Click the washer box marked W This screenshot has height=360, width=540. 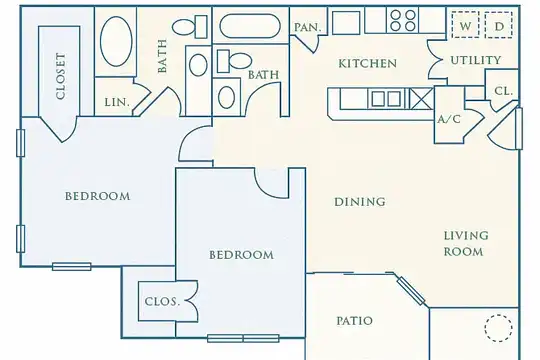465,25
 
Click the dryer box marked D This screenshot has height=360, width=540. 498,25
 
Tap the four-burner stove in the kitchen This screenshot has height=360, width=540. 403,20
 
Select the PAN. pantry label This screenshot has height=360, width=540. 308,27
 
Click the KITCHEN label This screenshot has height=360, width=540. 367,63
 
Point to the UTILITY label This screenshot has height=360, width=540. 476,60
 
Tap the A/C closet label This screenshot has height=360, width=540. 449,119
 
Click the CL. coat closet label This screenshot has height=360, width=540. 503,91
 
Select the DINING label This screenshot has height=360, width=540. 360,202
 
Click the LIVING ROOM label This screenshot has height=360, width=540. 466,244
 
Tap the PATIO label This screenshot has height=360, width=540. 354,321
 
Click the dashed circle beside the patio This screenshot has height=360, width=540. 498,328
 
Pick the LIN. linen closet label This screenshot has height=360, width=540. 117,102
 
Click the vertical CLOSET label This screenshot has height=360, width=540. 61,76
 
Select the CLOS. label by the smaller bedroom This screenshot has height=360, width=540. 162,301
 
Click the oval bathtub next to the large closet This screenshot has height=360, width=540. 116,41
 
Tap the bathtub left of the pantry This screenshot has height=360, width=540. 250,25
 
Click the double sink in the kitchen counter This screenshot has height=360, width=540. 386,99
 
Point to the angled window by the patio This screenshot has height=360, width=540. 411,291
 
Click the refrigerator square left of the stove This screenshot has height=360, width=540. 346,23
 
